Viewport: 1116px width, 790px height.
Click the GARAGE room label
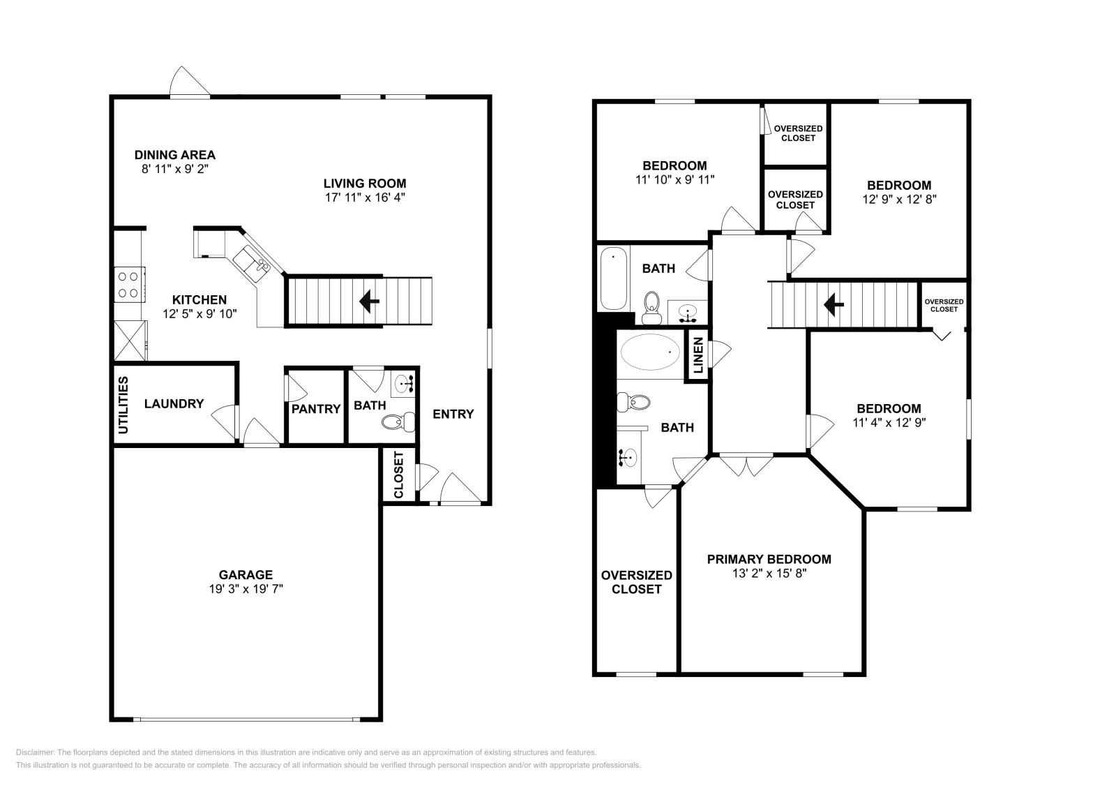[246, 574]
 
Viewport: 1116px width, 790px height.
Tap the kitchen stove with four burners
[130, 285]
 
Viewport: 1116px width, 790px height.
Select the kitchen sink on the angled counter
[252, 264]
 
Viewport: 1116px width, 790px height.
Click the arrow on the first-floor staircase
[369, 301]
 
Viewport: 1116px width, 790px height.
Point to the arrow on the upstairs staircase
[834, 305]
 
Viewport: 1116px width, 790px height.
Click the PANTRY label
[316, 409]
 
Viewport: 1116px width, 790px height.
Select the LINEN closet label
[698, 355]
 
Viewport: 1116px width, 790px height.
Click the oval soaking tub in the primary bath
[650, 352]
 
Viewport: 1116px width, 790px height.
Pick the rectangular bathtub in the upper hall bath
[613, 278]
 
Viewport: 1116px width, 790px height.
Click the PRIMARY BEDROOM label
[769, 559]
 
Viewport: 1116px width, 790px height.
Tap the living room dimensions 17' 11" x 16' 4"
[365, 198]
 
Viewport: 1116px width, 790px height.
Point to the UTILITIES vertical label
[123, 405]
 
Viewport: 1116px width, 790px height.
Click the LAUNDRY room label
[174, 403]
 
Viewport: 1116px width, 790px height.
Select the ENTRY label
[453, 414]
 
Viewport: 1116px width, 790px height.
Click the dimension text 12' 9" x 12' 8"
[900, 200]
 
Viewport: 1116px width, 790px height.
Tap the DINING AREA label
[175, 155]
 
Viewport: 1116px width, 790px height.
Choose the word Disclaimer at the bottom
[34, 752]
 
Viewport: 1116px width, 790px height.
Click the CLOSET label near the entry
[399, 475]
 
